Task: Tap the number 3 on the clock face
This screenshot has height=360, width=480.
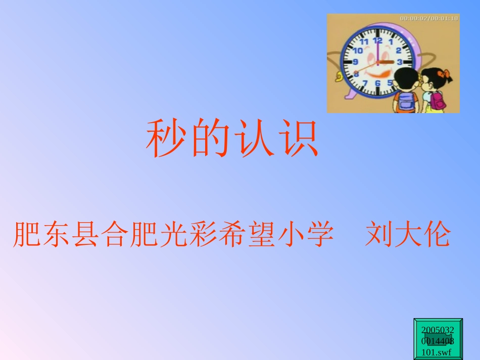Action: [399, 62]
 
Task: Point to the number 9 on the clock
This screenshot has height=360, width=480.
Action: [355, 62]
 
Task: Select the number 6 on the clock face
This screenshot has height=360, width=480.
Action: [377, 83]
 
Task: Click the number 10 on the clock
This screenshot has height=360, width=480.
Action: [358, 50]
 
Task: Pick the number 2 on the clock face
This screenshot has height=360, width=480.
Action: [398, 50]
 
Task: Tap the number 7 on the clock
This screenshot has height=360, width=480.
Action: [365, 82]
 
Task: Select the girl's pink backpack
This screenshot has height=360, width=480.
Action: [437, 101]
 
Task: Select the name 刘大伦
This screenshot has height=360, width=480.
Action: [407, 234]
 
